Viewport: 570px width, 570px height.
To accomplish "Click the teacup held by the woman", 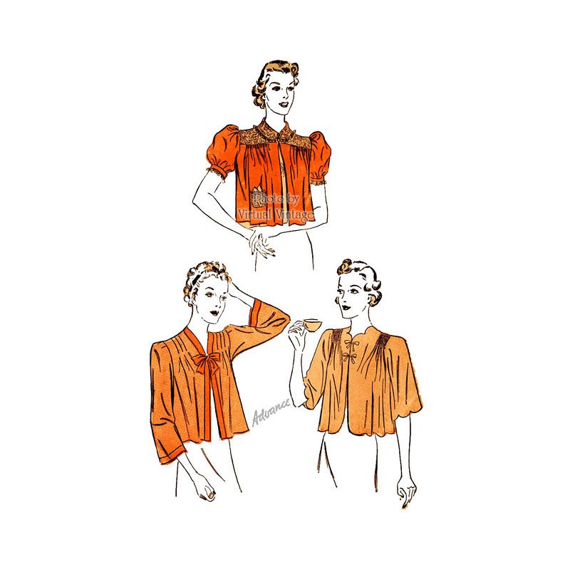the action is pos(312,324).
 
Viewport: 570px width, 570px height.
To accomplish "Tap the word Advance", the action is pos(271,413).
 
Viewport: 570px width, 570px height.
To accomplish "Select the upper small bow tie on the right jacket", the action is pos(350,344).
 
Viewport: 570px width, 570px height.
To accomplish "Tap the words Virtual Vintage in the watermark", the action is pos(276,214).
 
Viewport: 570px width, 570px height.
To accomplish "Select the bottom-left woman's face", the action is pos(214,300).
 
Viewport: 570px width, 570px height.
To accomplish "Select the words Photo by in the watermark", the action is pos(276,199).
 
